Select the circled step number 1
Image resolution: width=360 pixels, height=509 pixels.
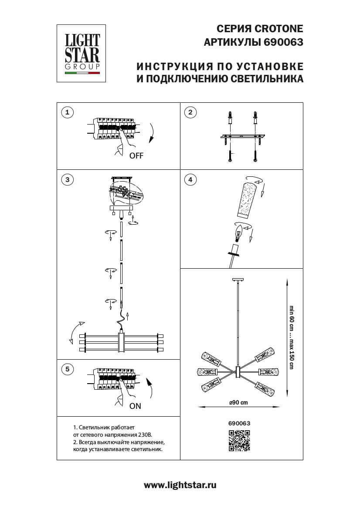click(x=67, y=113)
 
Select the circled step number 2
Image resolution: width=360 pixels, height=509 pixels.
click(x=190, y=113)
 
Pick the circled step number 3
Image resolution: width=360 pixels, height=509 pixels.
click(x=67, y=179)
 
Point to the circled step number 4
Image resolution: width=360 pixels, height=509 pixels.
click(x=190, y=179)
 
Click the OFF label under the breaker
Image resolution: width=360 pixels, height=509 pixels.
click(x=136, y=155)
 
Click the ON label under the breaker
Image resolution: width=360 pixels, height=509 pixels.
click(x=136, y=406)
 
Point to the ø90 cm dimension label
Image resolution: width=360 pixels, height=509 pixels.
click(x=238, y=402)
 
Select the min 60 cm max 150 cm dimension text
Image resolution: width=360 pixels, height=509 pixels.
click(x=292, y=337)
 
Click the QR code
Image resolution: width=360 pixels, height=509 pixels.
click(x=239, y=440)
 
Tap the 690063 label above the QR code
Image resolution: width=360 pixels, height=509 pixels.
click(x=239, y=422)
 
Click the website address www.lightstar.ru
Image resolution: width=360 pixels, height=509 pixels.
click(x=180, y=485)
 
